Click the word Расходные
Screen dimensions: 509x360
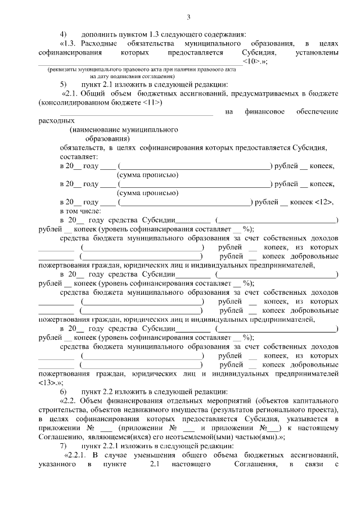[99, 43]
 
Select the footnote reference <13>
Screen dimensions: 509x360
[48, 382]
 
